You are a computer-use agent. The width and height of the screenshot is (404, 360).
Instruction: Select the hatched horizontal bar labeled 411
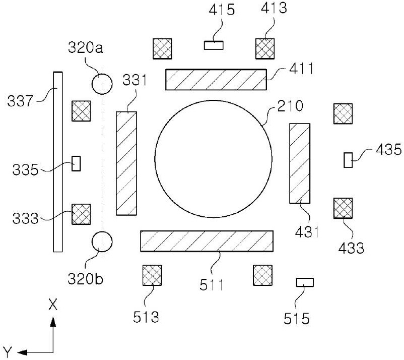pyautogui.click(x=216, y=80)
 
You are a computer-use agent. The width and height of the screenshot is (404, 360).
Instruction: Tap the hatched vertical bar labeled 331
pyautogui.click(x=126, y=163)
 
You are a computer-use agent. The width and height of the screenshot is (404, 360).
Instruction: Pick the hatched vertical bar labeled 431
pyautogui.click(x=300, y=163)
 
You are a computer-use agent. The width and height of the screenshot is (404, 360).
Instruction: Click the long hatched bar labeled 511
pyautogui.click(x=207, y=241)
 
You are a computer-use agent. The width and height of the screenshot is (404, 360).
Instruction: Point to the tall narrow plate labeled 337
pyautogui.click(x=58, y=162)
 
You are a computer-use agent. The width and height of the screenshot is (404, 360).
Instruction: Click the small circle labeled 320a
pyautogui.click(x=102, y=84)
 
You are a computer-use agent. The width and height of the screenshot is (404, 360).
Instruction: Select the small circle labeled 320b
pyautogui.click(x=102, y=242)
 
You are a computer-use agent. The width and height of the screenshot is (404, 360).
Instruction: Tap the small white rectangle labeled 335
pyautogui.click(x=76, y=163)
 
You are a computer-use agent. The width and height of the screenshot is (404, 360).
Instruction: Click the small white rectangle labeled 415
pyautogui.click(x=214, y=45)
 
